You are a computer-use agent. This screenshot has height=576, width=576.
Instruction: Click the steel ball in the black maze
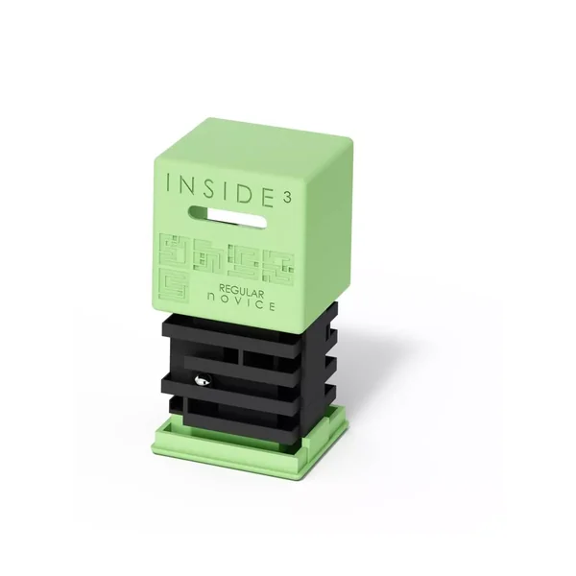click(x=202, y=380)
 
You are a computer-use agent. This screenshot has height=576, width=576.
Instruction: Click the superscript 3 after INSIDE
click(x=288, y=197)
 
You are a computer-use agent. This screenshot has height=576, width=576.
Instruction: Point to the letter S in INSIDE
click(x=211, y=188)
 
